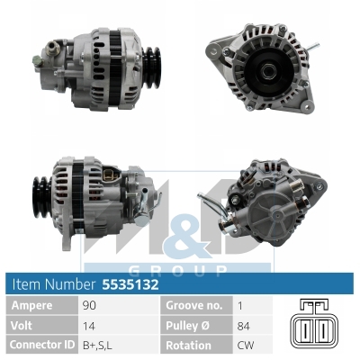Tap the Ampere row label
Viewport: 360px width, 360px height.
click(31, 305)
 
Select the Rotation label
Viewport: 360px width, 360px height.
click(190, 345)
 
